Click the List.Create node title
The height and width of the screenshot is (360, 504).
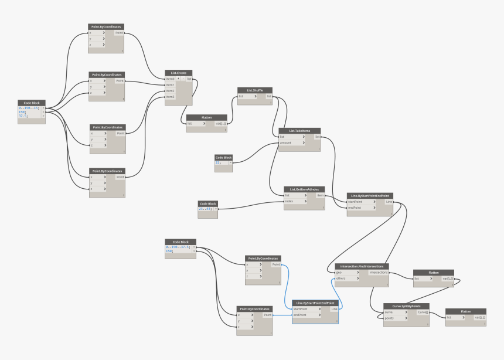[x=179, y=73]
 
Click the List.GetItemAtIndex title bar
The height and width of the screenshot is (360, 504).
[x=304, y=189]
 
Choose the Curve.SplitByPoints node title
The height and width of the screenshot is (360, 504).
[x=406, y=306]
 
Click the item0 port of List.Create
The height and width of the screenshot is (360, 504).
[x=171, y=79]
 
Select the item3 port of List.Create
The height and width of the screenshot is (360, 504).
[x=171, y=97]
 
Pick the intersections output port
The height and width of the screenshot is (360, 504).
[x=378, y=273]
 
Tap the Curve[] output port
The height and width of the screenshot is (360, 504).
[x=422, y=312]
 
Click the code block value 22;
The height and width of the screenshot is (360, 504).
[x=219, y=162]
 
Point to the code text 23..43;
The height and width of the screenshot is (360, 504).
[x=205, y=208]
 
